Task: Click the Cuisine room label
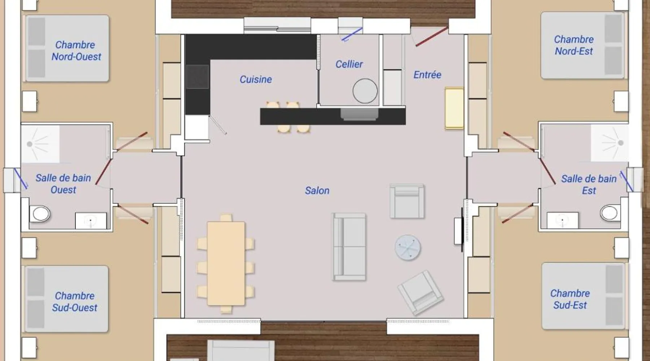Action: coord(256,79)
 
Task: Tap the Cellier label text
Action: coord(349,64)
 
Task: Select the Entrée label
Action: coord(427,75)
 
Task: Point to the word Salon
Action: coord(317,191)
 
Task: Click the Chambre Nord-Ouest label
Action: coord(76,51)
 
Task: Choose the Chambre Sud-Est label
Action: coord(570,299)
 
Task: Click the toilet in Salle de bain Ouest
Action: coord(39,214)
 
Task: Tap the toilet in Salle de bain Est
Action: coord(610,213)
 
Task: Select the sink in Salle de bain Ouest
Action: coord(91,221)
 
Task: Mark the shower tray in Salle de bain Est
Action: coord(609,143)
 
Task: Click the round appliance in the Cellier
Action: coord(365,91)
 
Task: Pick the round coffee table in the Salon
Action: coord(407,247)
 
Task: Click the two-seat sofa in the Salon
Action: coord(349,247)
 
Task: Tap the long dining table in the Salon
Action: coord(226,264)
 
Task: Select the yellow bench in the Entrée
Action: coord(454,108)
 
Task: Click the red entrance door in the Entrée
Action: coord(432,37)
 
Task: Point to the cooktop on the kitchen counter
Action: coord(198,77)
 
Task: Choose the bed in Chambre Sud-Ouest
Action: coord(67,299)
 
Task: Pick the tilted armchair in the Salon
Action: coord(420,292)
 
